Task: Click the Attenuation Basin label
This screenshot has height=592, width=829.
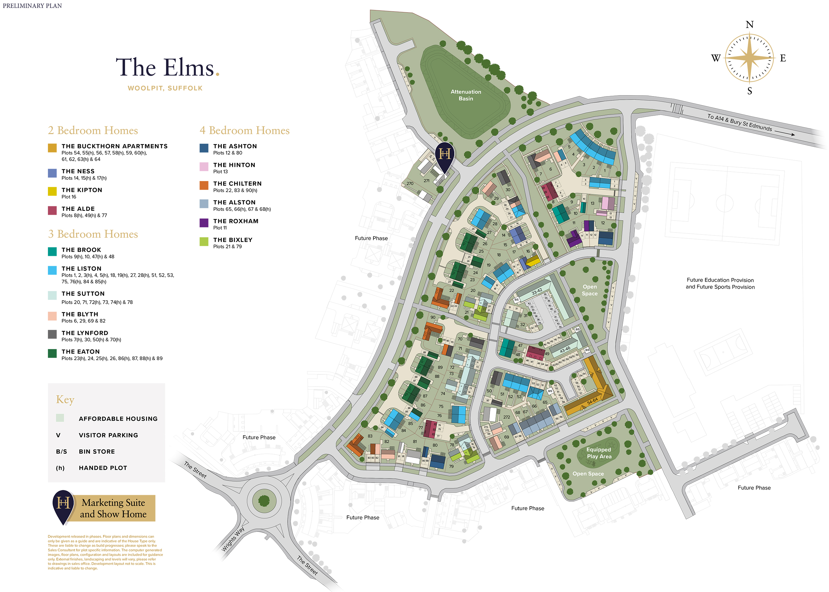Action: click(x=465, y=95)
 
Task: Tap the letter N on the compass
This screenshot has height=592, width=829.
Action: click(x=749, y=24)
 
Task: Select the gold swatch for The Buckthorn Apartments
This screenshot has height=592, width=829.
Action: click(x=52, y=148)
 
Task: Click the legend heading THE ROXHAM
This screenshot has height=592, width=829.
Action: click(x=235, y=221)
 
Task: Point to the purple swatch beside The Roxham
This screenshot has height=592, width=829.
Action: click(x=204, y=223)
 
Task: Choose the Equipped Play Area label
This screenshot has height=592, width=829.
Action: click(x=599, y=453)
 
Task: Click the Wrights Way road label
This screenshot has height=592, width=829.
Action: click(x=233, y=539)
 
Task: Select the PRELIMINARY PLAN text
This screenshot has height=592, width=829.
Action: click(x=32, y=6)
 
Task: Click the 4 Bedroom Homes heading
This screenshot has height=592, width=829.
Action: click(x=244, y=130)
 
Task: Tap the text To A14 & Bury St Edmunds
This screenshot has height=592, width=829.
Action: click(x=739, y=122)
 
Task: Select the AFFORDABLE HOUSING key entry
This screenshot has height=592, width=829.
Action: click(x=118, y=418)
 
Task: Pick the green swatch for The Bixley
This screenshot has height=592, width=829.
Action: click(x=204, y=241)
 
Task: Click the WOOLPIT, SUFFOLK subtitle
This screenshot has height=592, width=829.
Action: click(x=165, y=88)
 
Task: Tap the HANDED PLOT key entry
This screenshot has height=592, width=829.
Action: click(x=103, y=468)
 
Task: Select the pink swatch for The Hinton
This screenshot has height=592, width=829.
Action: click(x=204, y=166)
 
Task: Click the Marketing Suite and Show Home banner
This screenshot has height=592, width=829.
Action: click(x=113, y=508)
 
